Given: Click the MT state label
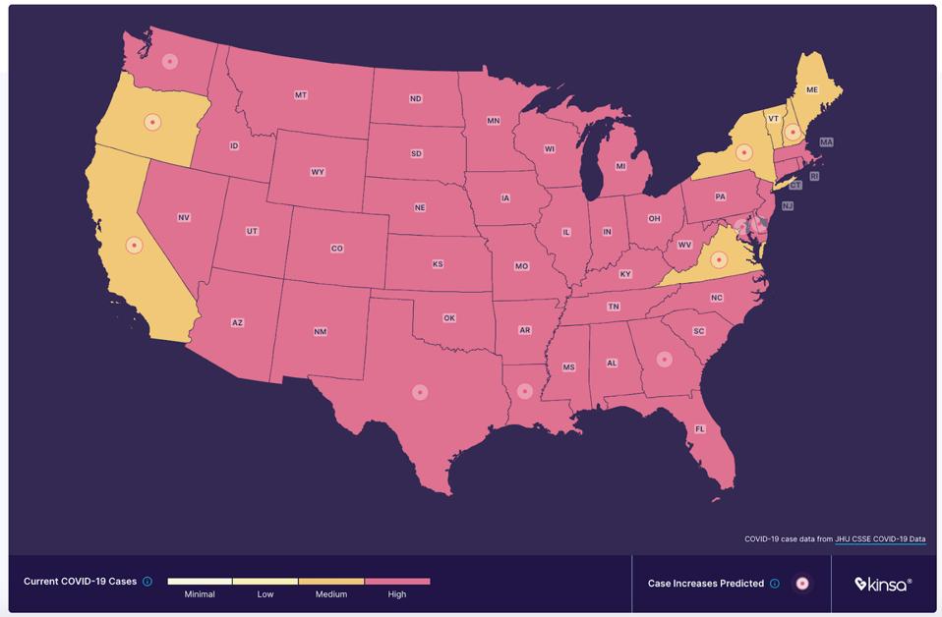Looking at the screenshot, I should click(301, 95).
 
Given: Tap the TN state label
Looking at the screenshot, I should click(614, 307).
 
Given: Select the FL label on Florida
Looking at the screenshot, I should click(700, 429).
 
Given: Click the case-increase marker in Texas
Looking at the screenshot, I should click(420, 392).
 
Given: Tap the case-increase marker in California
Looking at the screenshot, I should click(135, 245).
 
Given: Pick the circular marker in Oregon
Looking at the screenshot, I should click(152, 122).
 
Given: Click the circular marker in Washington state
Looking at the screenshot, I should click(170, 61).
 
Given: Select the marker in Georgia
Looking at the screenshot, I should click(664, 360).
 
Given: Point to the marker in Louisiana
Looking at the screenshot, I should click(525, 391).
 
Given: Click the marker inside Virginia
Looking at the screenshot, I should click(719, 260).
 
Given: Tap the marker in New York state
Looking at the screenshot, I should click(744, 152).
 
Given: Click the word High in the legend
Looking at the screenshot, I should click(397, 594).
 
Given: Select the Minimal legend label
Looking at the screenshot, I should click(200, 594).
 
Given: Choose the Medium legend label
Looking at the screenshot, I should click(331, 594).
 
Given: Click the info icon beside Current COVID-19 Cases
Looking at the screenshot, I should click(147, 582).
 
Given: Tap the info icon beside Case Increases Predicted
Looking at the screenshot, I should click(774, 584).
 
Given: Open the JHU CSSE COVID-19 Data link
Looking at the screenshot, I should click(880, 539).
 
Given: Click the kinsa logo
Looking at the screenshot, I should click(882, 584).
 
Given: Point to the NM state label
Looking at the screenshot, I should click(321, 332).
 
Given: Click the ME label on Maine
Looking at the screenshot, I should click(812, 89).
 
